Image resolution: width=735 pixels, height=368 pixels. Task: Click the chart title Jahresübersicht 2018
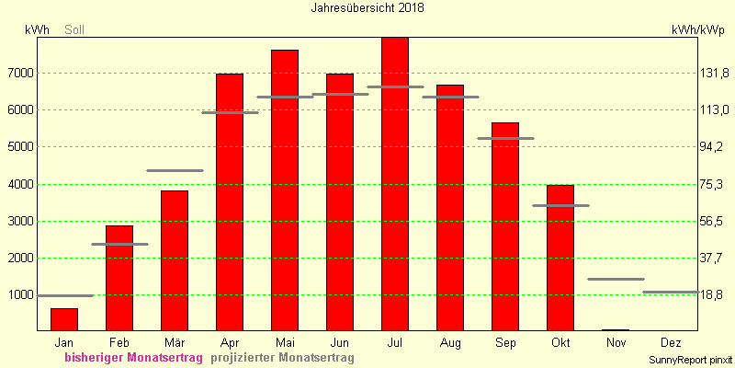tap(367, 8)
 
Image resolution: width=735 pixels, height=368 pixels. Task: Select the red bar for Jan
tap(64, 319)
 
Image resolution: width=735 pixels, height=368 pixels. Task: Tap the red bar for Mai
tap(285, 190)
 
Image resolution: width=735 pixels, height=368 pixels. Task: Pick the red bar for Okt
tap(560, 258)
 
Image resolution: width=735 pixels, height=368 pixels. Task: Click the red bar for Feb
tap(119, 279)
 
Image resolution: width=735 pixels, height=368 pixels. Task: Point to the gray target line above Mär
tap(175, 170)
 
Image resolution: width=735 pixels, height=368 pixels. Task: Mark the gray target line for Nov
tap(616, 280)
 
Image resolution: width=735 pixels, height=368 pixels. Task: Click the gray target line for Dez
tap(671, 292)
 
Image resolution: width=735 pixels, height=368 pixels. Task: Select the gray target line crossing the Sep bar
tap(505, 139)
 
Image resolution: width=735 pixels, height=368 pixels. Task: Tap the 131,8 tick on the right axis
tap(710, 74)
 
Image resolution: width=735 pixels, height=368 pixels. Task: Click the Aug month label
tap(450, 342)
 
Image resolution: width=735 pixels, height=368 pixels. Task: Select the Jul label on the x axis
tap(395, 342)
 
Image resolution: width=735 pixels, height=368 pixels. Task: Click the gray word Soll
tap(74, 30)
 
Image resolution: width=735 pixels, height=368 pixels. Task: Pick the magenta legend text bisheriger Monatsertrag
tap(133, 358)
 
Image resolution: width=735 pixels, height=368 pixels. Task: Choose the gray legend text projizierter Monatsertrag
tap(282, 358)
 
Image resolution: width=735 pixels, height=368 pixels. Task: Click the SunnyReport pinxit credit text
tap(691, 360)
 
